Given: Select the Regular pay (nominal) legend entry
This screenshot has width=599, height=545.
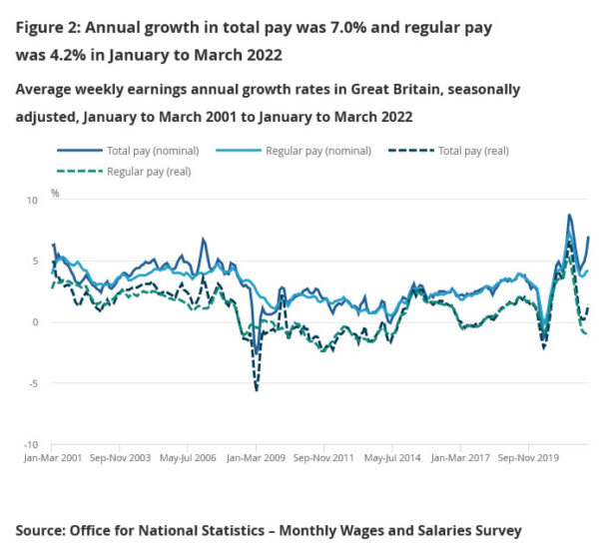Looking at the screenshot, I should [x=318, y=151].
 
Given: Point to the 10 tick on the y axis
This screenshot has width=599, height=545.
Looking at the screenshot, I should [x=31, y=200].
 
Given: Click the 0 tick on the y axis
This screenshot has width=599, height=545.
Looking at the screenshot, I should [x=33, y=322].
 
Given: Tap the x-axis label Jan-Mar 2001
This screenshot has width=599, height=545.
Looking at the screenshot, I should [x=51, y=459].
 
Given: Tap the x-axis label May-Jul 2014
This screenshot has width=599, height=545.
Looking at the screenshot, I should [x=392, y=459].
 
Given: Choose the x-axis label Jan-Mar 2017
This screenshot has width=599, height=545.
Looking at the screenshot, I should [x=460, y=459].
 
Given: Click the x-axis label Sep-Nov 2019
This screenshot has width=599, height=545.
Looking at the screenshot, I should [x=529, y=459].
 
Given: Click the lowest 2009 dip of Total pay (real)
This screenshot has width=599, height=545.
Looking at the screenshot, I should [x=257, y=389].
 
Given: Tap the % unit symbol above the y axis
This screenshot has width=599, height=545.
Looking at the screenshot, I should [x=55, y=193].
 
